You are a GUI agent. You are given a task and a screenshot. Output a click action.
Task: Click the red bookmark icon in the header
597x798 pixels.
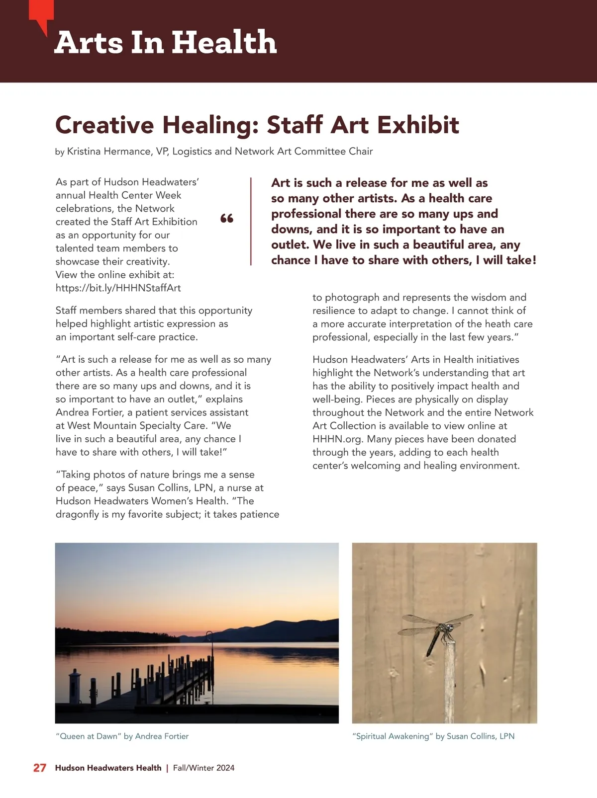click(42, 15)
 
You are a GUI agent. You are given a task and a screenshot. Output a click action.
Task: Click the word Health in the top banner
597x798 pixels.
click(224, 42)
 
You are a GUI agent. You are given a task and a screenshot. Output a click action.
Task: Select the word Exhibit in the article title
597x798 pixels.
click(419, 125)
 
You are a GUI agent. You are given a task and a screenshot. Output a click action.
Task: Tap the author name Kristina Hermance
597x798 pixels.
click(109, 152)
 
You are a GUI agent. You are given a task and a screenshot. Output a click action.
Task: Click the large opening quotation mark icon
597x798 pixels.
click(227, 218)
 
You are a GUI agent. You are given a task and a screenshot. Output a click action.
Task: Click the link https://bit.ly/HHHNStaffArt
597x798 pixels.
click(118, 288)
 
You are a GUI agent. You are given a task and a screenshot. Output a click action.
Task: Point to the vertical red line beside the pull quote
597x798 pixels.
click(251, 221)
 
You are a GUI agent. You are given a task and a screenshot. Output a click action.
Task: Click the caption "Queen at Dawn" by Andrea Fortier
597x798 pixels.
click(122, 736)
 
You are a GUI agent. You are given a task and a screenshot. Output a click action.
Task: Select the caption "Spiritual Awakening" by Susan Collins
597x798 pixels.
click(433, 736)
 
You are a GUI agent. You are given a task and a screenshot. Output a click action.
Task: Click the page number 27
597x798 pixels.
click(40, 768)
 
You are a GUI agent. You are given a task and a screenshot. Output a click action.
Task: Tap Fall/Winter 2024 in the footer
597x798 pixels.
click(203, 768)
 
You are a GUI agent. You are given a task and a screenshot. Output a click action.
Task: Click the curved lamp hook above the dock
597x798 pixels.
click(210, 636)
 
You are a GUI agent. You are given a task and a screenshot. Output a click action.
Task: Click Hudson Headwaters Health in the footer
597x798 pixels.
click(108, 768)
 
